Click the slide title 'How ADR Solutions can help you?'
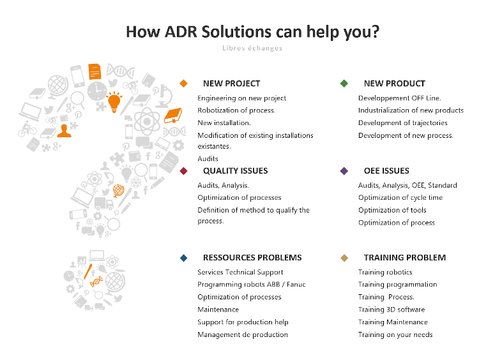tap(252, 31)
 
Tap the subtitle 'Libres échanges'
tap(252, 48)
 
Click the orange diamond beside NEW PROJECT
tap(184, 84)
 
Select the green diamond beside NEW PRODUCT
tap(344, 84)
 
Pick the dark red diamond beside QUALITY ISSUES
tap(184, 171)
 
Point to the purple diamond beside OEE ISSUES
tap(344, 171)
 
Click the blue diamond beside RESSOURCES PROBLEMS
tap(184, 258)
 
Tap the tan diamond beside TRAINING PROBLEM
tap(344, 258)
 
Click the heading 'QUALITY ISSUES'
tap(235, 171)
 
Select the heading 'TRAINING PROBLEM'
tap(404, 258)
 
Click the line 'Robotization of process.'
tap(236, 110)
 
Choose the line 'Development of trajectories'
tap(402, 123)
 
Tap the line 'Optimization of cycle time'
tap(400, 198)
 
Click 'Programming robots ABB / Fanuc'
tap(251, 285)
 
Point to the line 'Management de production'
tap(242, 334)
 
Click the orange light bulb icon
tap(114, 101)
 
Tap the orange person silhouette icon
tap(63, 130)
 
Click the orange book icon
tap(173, 116)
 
